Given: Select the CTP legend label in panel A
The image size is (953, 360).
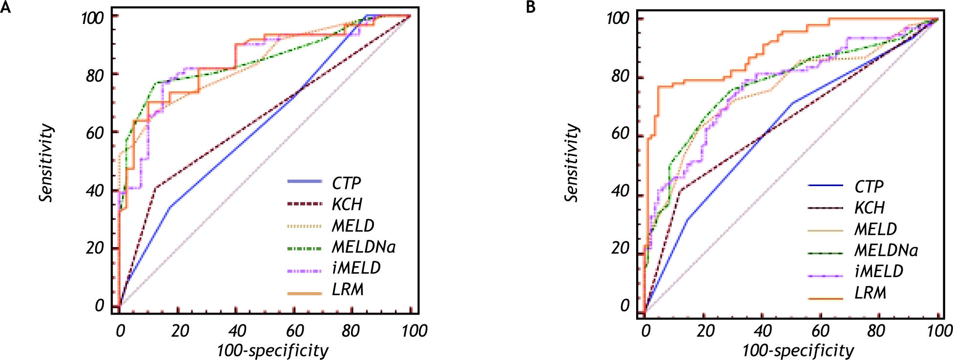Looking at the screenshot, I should pyautogui.click(x=346, y=183).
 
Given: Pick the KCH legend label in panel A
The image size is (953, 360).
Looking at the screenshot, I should pyautogui.click(x=347, y=204).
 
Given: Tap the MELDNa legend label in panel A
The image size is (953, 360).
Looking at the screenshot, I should pyautogui.click(x=363, y=247).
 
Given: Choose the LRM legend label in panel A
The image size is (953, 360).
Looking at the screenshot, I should pyautogui.click(x=348, y=290).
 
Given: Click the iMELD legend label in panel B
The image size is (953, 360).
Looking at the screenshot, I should pyautogui.click(x=878, y=271).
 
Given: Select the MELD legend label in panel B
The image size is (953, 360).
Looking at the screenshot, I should pyautogui.click(x=875, y=229).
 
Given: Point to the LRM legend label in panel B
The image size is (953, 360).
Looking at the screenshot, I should pyautogui.click(x=870, y=293).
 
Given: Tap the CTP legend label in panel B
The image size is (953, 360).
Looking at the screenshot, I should pyautogui.click(x=869, y=186).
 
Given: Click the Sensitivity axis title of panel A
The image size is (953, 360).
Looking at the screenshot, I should pyautogui.click(x=46, y=163).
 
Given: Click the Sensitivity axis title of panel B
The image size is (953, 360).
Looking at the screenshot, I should pyautogui.click(x=572, y=163).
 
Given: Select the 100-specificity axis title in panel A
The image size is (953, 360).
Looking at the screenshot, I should pyautogui.click(x=272, y=351).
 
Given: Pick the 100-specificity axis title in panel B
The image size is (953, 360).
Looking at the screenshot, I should pyautogui.click(x=798, y=351).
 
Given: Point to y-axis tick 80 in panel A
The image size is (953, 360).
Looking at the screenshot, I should pyautogui.click(x=95, y=75).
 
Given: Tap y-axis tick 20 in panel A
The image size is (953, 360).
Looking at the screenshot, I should pyautogui.click(x=95, y=248).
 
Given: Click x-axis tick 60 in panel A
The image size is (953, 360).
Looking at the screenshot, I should pyautogui.click(x=294, y=331).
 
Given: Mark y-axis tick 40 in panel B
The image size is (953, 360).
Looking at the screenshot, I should pyautogui.click(x=620, y=191).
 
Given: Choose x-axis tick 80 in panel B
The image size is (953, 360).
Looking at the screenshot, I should pyautogui.click(x=876, y=331).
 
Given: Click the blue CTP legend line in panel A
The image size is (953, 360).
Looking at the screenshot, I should pyautogui.click(x=305, y=182).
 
